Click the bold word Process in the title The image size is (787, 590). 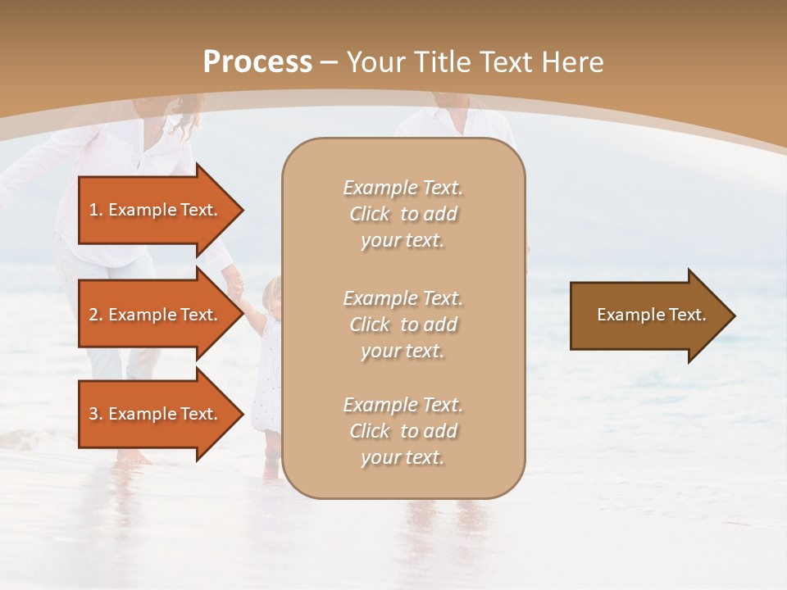pyautogui.click(x=257, y=62)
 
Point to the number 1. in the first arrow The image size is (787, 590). pyautogui.click(x=96, y=210)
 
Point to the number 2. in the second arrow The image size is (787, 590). pyautogui.click(x=96, y=315)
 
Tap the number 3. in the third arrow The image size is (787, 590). pyautogui.click(x=96, y=414)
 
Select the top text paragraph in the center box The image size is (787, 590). pyautogui.click(x=403, y=214)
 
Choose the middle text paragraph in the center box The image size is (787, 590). pyautogui.click(x=403, y=324)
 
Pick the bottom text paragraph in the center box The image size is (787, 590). pyautogui.click(x=403, y=431)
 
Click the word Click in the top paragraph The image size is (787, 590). pyautogui.click(x=370, y=214)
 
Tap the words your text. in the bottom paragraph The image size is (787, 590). pyautogui.click(x=403, y=457)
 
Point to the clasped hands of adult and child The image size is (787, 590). pyautogui.click(x=235, y=287)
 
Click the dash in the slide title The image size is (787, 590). pyautogui.click(x=330, y=62)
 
